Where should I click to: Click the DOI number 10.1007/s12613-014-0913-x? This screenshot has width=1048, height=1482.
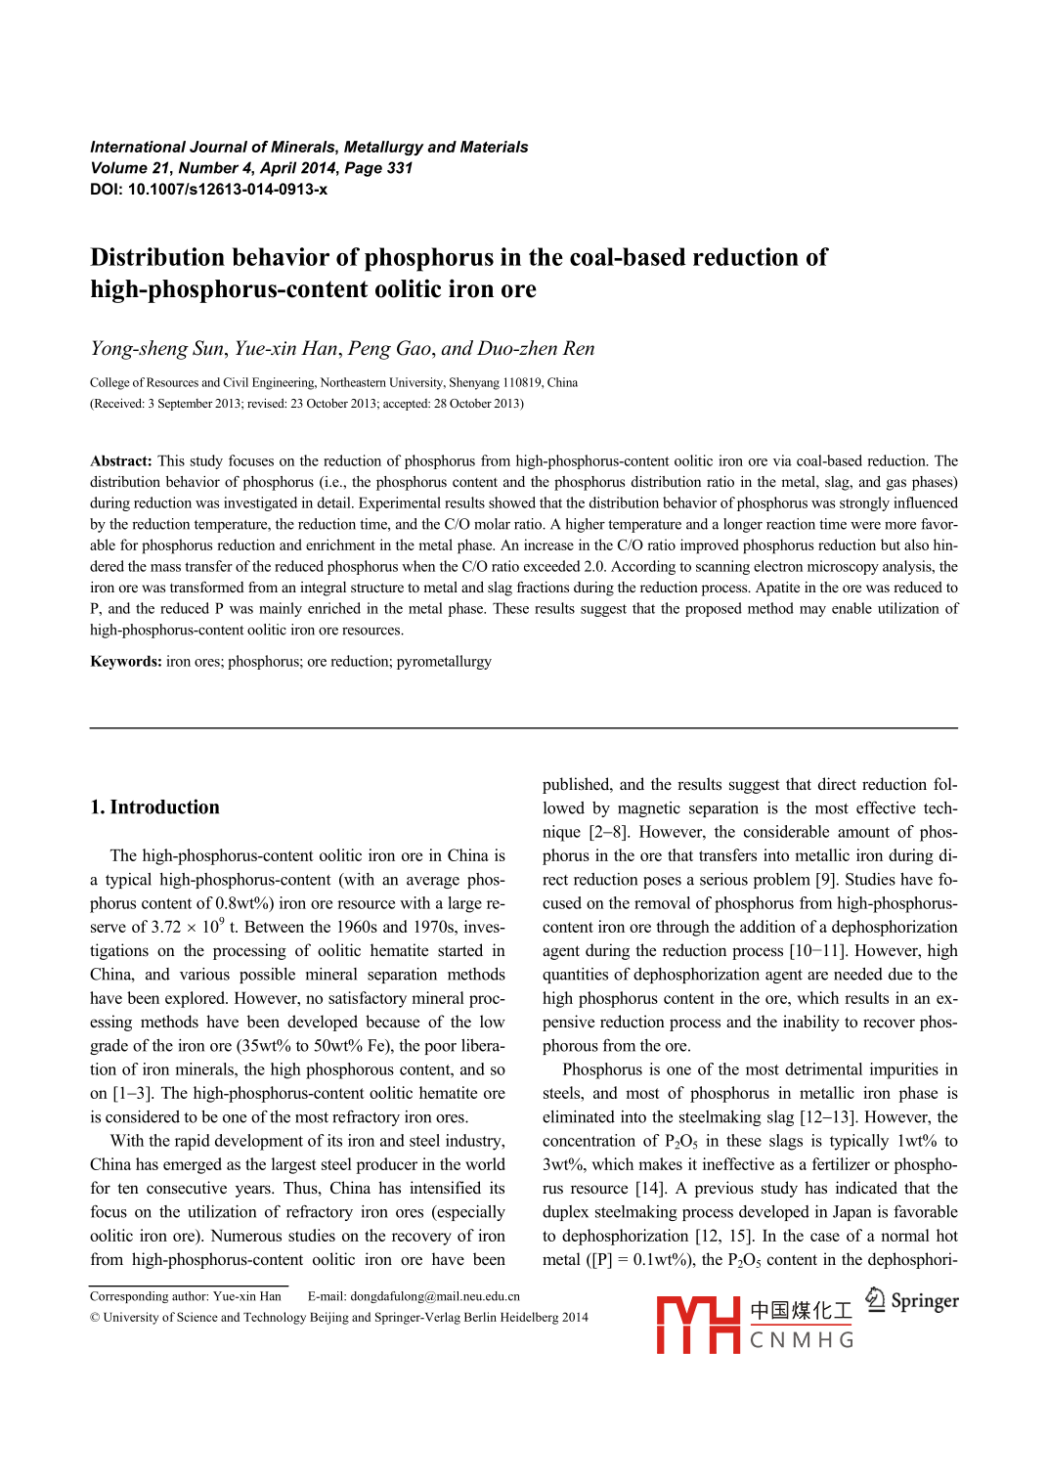(227, 190)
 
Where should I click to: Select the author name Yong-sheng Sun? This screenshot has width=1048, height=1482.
(157, 349)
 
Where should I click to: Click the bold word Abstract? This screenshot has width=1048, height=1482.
(121, 461)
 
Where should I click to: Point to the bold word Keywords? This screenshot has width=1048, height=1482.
(126, 662)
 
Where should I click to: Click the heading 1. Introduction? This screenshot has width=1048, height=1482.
(154, 807)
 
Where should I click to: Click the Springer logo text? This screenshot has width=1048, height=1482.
(924, 1301)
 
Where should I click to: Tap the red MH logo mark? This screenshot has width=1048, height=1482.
(698, 1325)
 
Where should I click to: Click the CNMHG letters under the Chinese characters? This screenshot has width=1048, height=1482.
(802, 1340)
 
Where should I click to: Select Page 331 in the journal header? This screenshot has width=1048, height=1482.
(378, 168)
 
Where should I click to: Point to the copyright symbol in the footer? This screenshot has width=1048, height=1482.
(95, 1318)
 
